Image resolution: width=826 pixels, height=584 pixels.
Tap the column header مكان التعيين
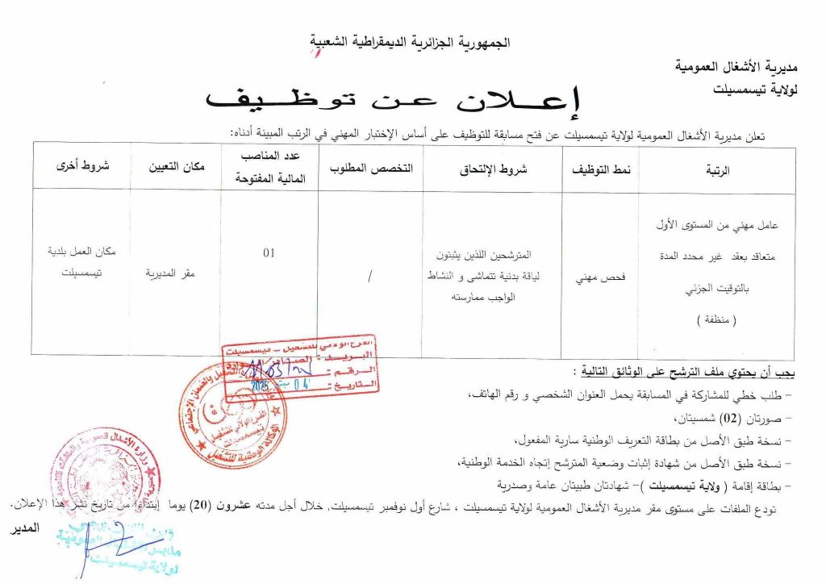175,169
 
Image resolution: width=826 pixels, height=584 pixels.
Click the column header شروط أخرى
81,168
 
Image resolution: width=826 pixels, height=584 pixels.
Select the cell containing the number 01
269,252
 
